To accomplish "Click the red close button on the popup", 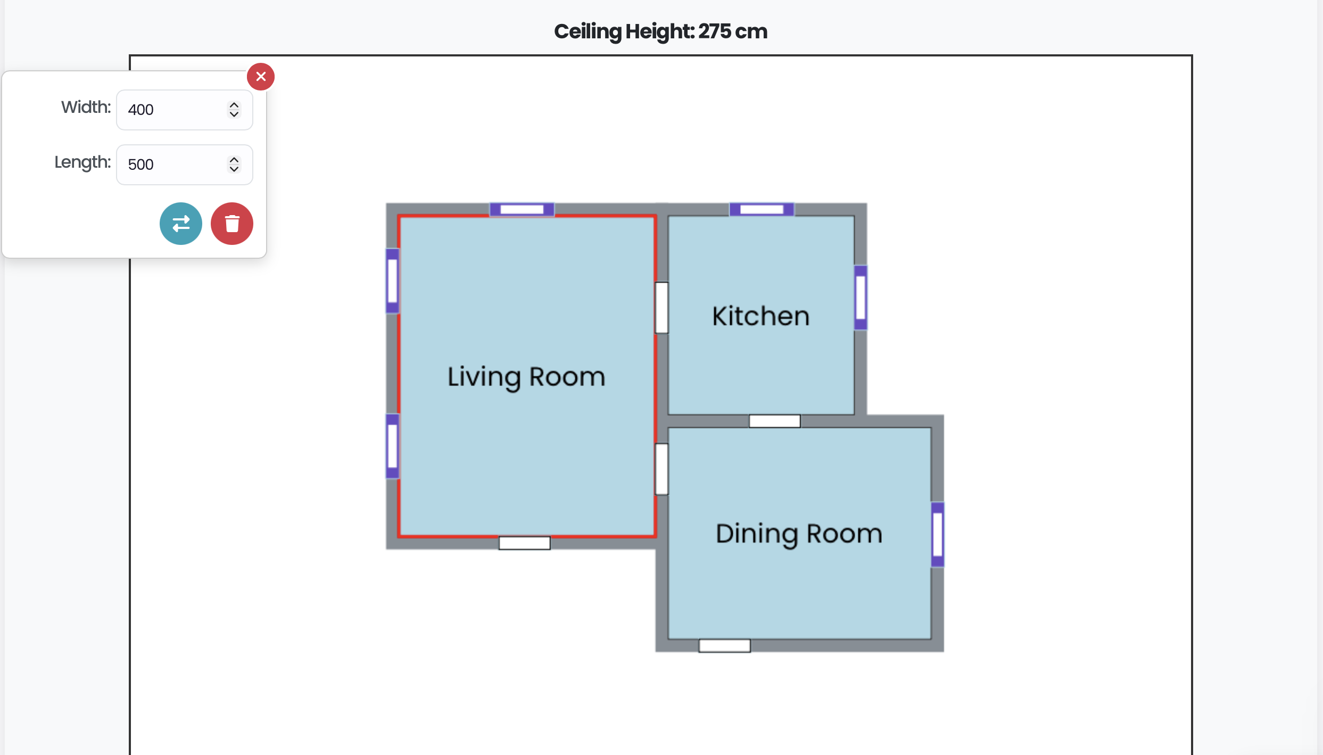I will click(261, 77).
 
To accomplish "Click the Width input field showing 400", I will click(176, 110).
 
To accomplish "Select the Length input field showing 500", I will click(176, 165).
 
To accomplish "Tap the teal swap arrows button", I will click(181, 224).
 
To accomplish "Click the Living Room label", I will click(526, 377).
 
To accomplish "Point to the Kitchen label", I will click(760, 316).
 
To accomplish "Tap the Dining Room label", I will click(798, 534).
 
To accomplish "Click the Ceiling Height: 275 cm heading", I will click(660, 31).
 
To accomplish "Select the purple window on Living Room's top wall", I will click(522, 209).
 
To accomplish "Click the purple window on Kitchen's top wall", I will click(762, 209).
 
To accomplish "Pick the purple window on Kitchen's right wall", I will click(861, 298).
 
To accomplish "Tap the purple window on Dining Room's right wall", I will click(938, 534).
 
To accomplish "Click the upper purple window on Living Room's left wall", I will click(393, 281).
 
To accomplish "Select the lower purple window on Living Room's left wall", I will click(393, 446).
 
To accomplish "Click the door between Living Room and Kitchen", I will click(662, 308).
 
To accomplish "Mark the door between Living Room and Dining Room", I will click(662, 469).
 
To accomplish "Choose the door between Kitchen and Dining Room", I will click(774, 421).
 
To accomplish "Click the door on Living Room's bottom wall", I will click(524, 543).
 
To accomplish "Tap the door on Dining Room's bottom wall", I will click(724, 646).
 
